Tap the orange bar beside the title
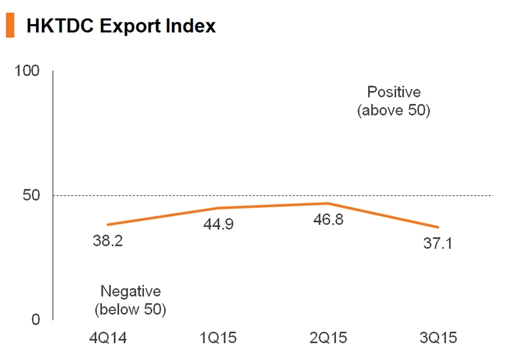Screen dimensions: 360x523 [9, 25]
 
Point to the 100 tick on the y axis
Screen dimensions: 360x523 [27, 71]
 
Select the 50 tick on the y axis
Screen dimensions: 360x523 [32, 195]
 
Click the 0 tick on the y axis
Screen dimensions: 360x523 [37, 319]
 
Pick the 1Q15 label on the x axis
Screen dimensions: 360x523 [218, 338]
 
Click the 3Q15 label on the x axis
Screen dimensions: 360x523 [436, 338]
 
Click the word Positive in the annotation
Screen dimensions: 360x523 [394, 92]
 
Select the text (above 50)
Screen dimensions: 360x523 [394, 110]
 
